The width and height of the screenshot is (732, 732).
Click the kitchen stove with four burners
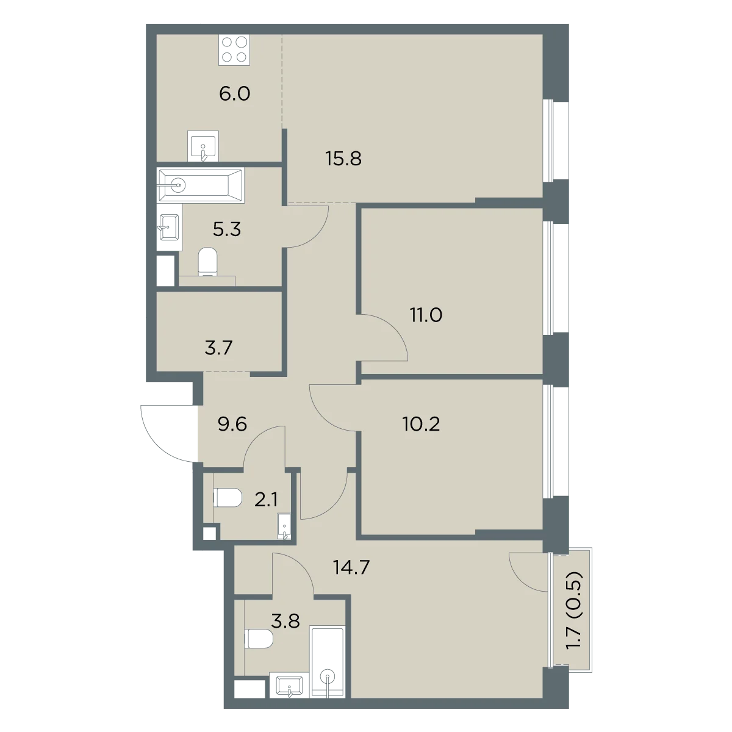pyautogui.click(x=234, y=50)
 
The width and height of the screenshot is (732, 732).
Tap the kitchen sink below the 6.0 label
pyautogui.click(x=203, y=146)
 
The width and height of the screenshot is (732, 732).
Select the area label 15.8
pyautogui.click(x=343, y=159)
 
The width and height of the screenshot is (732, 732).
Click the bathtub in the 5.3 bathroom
pyautogui.click(x=200, y=186)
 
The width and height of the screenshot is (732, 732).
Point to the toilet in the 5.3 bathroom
pyautogui.click(x=207, y=261)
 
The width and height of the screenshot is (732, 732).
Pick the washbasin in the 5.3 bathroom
pyautogui.click(x=169, y=227)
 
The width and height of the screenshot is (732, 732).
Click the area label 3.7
pyautogui.click(x=218, y=348)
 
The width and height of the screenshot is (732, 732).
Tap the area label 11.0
pyautogui.click(x=426, y=315)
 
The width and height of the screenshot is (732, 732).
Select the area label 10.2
pyautogui.click(x=421, y=424)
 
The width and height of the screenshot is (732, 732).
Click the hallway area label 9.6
pyautogui.click(x=232, y=424)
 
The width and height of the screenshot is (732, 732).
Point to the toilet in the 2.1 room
pyautogui.click(x=228, y=498)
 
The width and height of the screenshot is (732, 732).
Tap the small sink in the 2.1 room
pyautogui.click(x=284, y=526)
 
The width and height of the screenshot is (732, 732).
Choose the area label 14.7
pyautogui.click(x=351, y=567)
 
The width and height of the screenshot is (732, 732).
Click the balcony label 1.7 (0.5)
pyautogui.click(x=573, y=615)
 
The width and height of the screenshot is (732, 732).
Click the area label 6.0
pyautogui.click(x=234, y=94)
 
